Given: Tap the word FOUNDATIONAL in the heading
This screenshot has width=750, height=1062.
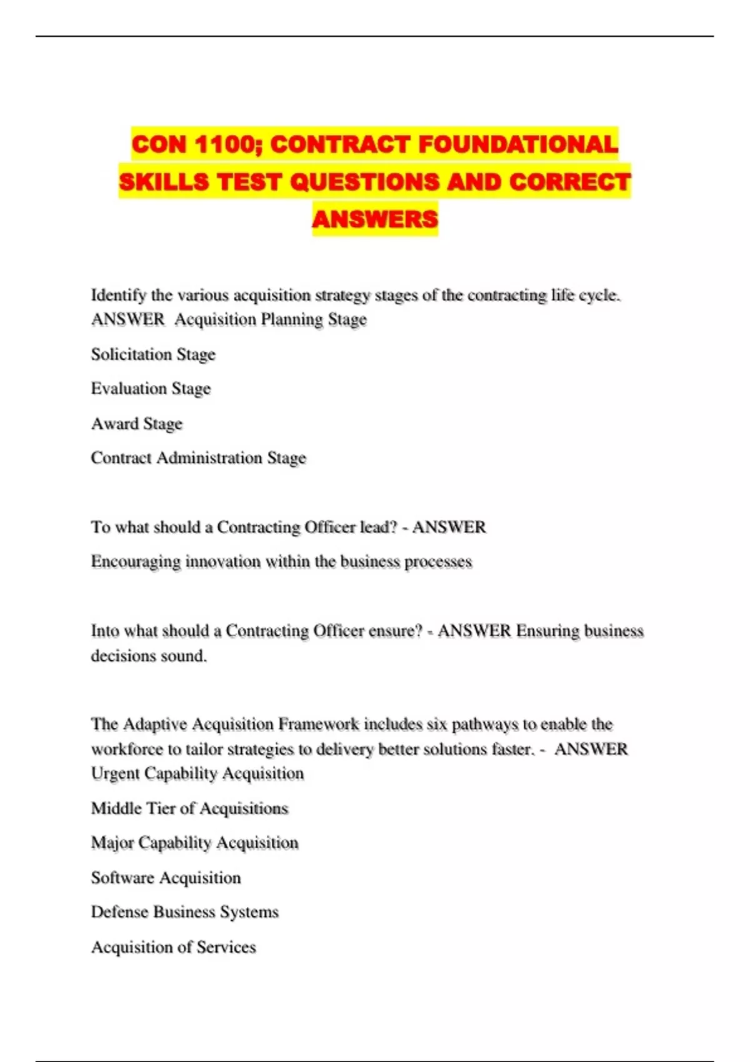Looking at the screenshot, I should pos(518,145).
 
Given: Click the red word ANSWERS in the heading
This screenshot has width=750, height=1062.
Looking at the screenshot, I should pos(375,219).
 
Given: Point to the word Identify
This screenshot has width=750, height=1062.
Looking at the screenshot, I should pos(118,295).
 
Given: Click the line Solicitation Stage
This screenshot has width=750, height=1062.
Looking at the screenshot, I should pos(153,354).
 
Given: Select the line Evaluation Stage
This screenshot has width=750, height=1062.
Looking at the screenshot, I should pos(151,389).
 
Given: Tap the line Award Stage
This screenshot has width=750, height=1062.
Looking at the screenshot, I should pos(137,424).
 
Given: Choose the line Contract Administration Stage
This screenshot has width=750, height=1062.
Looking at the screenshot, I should pos(198,458).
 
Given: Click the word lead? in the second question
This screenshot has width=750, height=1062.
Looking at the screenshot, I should pos(379,527).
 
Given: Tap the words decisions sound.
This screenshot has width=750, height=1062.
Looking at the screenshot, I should pos(149,656).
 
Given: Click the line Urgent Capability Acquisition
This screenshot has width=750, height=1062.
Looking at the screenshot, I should pos(197,773).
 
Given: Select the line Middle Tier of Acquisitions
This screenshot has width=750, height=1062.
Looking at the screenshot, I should pos(189,808).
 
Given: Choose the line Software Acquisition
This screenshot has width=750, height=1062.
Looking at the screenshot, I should pos(166,878).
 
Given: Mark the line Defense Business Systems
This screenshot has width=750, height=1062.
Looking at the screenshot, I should pos(184,912).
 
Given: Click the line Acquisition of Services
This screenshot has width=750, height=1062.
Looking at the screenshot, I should pos(173,947).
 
